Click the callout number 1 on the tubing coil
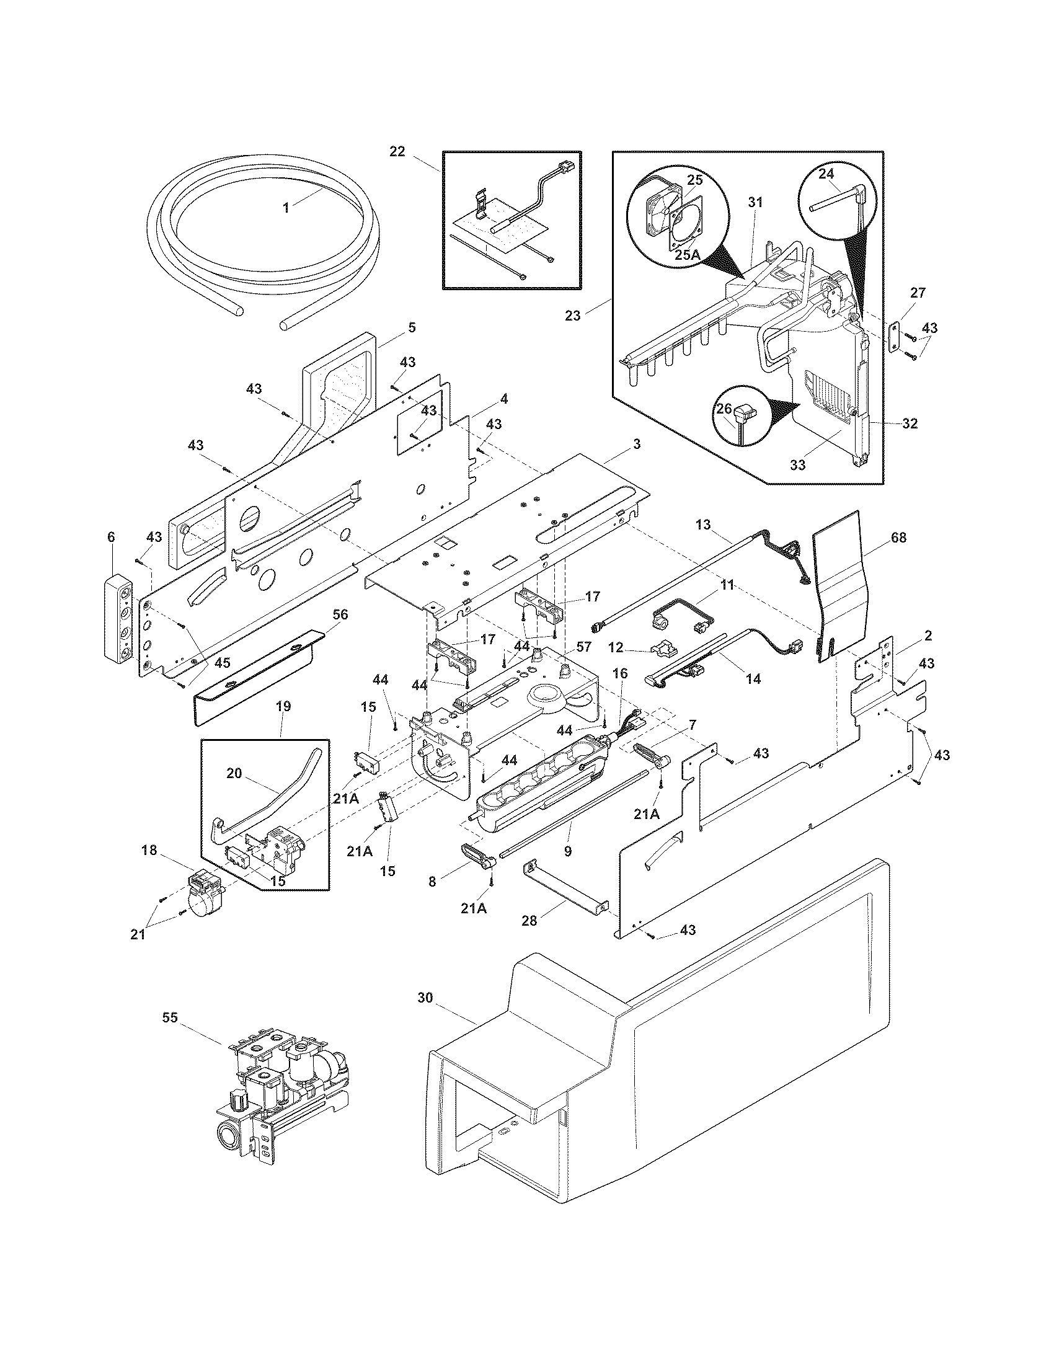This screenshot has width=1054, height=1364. click(x=286, y=208)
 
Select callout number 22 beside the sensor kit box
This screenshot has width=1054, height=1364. click(x=397, y=151)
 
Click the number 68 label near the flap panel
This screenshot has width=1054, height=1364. click(x=898, y=537)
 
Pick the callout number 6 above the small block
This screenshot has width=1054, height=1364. click(x=111, y=536)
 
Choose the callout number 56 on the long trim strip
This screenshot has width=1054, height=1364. click(x=340, y=614)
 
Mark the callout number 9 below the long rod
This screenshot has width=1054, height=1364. click(x=567, y=851)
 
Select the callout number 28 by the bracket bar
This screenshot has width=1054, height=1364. click(x=529, y=921)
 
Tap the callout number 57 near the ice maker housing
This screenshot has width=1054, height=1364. click(x=584, y=647)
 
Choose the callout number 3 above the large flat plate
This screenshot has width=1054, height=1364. click(x=636, y=444)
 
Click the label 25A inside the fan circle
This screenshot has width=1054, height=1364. click(x=687, y=254)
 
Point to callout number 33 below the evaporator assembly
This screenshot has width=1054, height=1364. click(x=798, y=464)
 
